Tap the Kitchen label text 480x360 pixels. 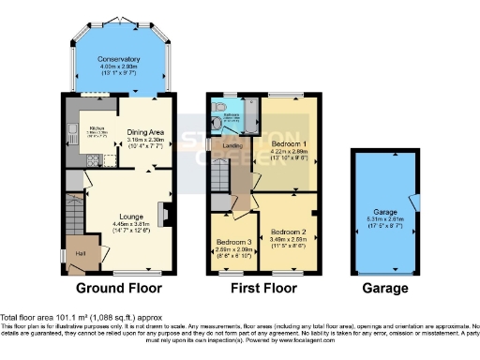point(96,128)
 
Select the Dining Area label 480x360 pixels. point(143,133)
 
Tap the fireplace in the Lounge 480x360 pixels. point(165,215)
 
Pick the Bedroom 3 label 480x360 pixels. point(231,241)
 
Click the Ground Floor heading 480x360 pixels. point(118,288)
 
